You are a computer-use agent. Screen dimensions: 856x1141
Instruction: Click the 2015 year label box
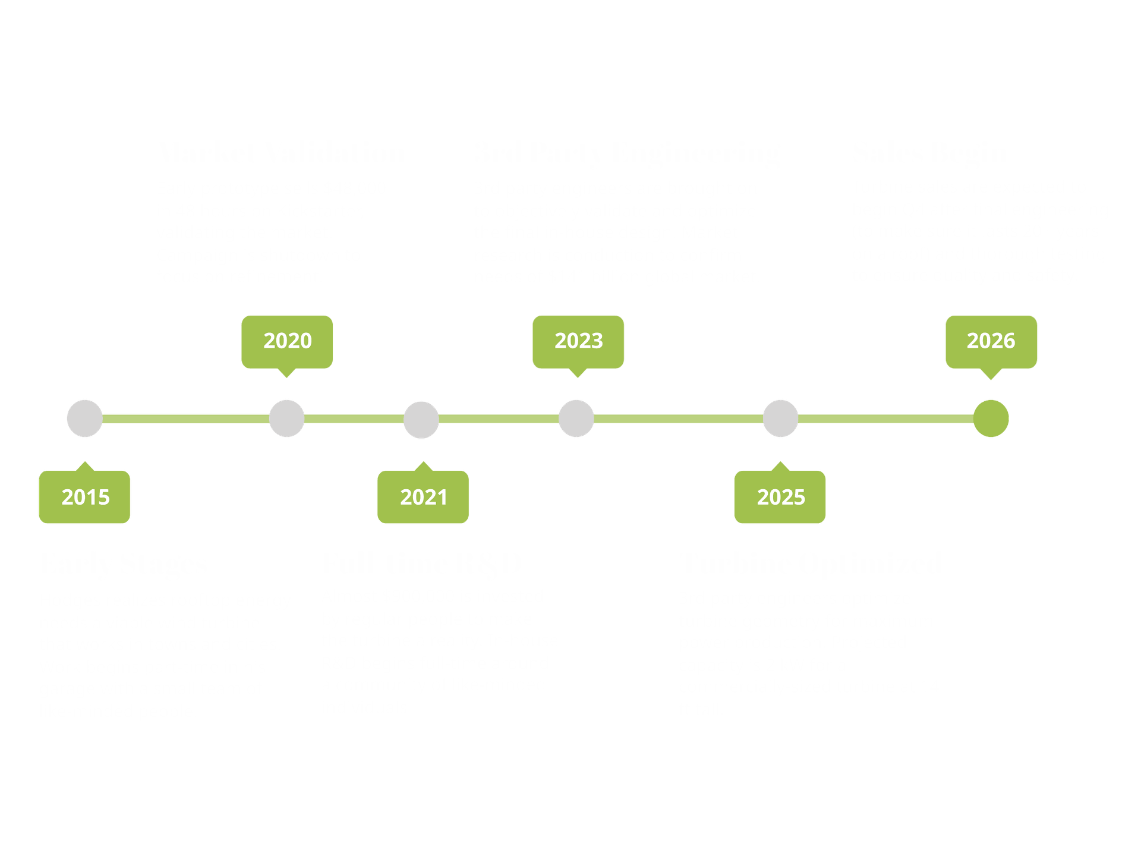pyautogui.click(x=85, y=497)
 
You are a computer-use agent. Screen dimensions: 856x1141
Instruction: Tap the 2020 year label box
pyautogui.click(x=287, y=341)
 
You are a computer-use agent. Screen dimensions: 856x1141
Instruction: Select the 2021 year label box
pyautogui.click(x=423, y=497)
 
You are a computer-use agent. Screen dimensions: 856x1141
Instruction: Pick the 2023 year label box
pyautogui.click(x=578, y=341)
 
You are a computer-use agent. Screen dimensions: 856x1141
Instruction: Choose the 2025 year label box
pyautogui.click(x=780, y=497)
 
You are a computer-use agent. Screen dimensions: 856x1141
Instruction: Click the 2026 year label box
pyautogui.click(x=991, y=341)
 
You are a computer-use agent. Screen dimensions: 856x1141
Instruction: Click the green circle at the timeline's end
pyautogui.click(x=991, y=418)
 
